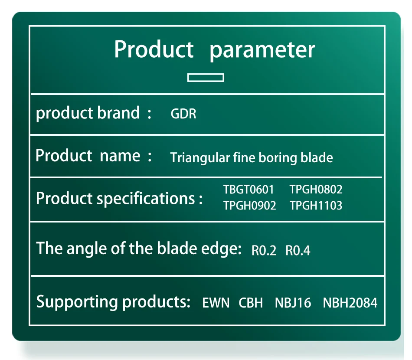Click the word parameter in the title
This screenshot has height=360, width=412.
pyautogui.click(x=262, y=50)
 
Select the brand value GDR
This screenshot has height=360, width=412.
pyautogui.click(x=183, y=114)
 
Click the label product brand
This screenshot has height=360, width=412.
pyautogui.click(x=88, y=113)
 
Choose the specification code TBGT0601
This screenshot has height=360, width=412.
pyautogui.click(x=249, y=190)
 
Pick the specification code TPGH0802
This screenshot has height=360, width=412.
pyautogui.click(x=316, y=190)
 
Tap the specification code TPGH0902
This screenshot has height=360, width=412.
pyautogui.click(x=250, y=206)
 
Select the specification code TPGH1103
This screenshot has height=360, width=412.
pyautogui.click(x=316, y=206)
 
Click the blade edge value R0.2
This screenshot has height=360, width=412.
pyautogui.click(x=264, y=250)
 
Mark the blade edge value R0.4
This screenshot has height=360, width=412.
pyautogui.click(x=298, y=250)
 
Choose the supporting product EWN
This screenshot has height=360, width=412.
pyautogui.click(x=216, y=303)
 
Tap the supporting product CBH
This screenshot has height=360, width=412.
pyautogui.click(x=251, y=303)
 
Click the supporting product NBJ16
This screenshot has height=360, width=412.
pyautogui.click(x=293, y=303)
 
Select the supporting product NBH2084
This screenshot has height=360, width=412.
pyautogui.click(x=350, y=303)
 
